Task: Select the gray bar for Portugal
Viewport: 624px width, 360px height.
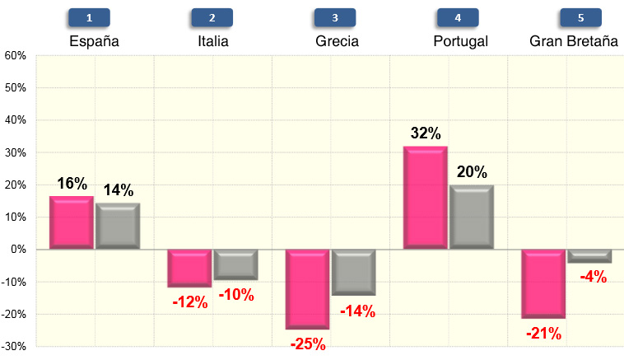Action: (472, 217)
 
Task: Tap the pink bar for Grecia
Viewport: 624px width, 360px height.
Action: (307, 289)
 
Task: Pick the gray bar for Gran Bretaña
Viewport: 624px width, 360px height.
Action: (589, 256)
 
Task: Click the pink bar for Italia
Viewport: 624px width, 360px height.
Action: (189, 269)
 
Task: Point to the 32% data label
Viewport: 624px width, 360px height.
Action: (426, 133)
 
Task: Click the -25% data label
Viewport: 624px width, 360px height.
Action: (307, 344)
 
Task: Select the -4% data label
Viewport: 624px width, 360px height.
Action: (592, 278)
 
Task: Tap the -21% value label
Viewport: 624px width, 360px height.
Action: (544, 333)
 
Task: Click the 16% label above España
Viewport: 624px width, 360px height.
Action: (72, 183)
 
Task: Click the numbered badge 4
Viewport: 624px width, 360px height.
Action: (457, 17)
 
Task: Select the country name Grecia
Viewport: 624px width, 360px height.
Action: (338, 41)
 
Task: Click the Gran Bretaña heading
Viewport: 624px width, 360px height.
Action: (574, 41)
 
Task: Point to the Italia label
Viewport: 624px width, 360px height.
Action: (213, 41)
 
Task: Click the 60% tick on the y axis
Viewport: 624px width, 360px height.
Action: (16, 56)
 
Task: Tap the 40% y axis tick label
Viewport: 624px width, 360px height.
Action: (16, 120)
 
